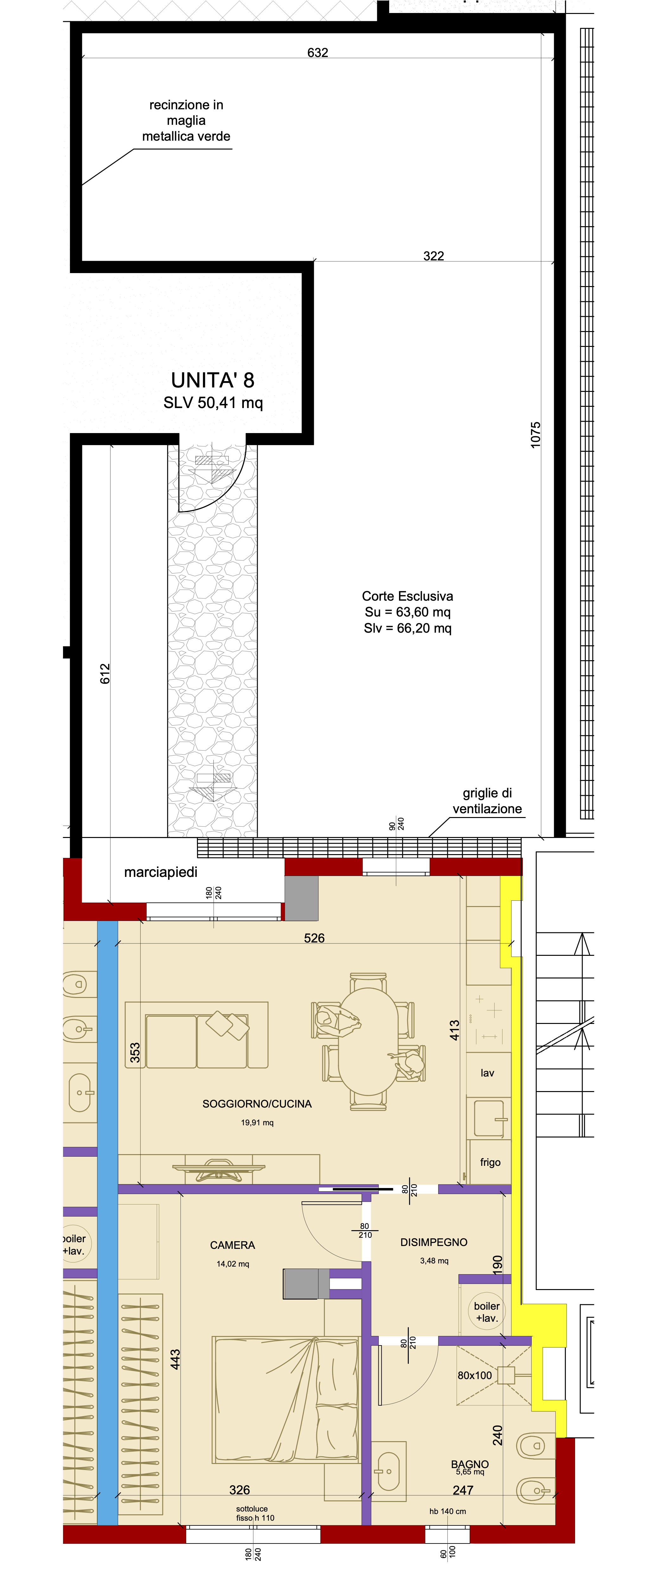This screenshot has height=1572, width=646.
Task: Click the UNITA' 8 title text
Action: point(212,380)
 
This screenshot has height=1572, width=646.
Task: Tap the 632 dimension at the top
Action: point(317,53)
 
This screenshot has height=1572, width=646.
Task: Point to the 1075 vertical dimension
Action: point(535,435)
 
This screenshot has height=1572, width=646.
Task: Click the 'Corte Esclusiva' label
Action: point(408,596)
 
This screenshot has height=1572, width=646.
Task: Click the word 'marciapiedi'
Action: point(161,872)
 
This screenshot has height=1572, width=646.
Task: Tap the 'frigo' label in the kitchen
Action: point(490,1162)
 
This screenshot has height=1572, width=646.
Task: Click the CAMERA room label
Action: point(232,1245)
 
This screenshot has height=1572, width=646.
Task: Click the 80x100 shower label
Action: point(475,1376)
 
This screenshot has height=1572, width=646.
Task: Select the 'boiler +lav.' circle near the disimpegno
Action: point(486,1312)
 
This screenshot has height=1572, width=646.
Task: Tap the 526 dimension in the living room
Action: point(314,938)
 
